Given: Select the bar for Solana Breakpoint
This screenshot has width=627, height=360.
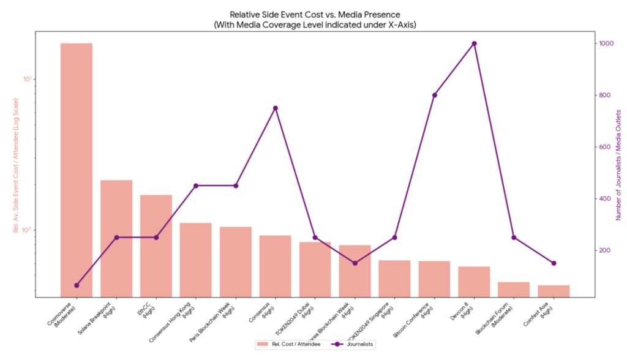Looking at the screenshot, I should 116,239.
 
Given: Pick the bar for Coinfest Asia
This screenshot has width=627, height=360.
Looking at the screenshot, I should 554,291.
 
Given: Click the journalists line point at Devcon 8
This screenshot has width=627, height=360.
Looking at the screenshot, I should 474,43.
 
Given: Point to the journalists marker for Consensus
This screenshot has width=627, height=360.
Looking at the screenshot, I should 276,108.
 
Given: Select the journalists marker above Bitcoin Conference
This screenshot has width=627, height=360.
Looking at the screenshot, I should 434,95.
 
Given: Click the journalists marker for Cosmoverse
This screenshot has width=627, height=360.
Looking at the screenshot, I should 77,285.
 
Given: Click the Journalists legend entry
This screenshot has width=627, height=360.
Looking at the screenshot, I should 352,345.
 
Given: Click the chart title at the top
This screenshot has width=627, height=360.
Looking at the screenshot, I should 315,18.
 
